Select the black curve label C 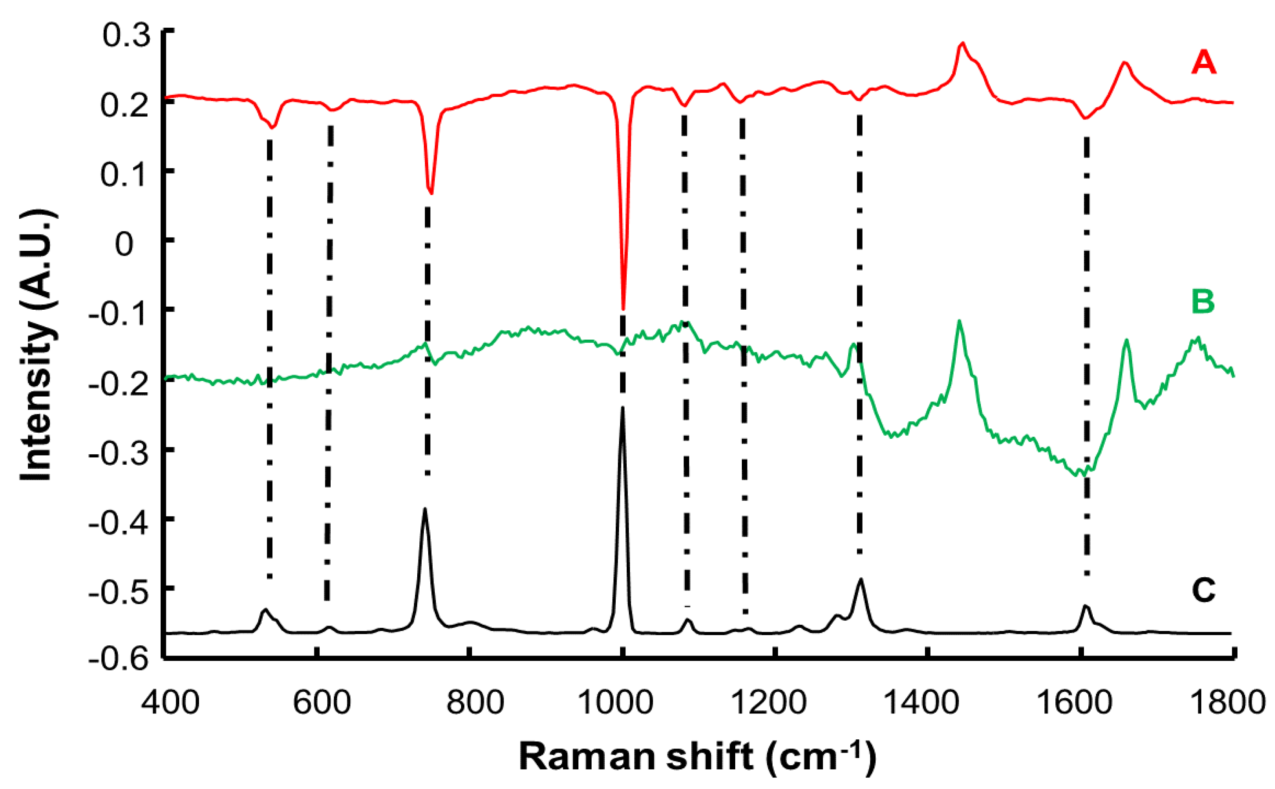pyautogui.click(x=1203, y=590)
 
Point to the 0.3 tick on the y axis pyautogui.click(x=127, y=35)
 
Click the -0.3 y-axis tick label pyautogui.click(x=118, y=452)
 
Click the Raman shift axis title pyautogui.click(x=697, y=756)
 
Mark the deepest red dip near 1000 pyautogui.click(x=623, y=308)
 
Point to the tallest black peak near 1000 pyautogui.click(x=622, y=408)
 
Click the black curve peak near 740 pyautogui.click(x=425, y=509)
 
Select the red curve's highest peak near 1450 pyautogui.click(x=963, y=44)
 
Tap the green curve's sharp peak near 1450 pyautogui.click(x=959, y=322)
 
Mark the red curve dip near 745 pyautogui.click(x=431, y=192)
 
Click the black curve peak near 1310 pyautogui.click(x=861, y=579)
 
